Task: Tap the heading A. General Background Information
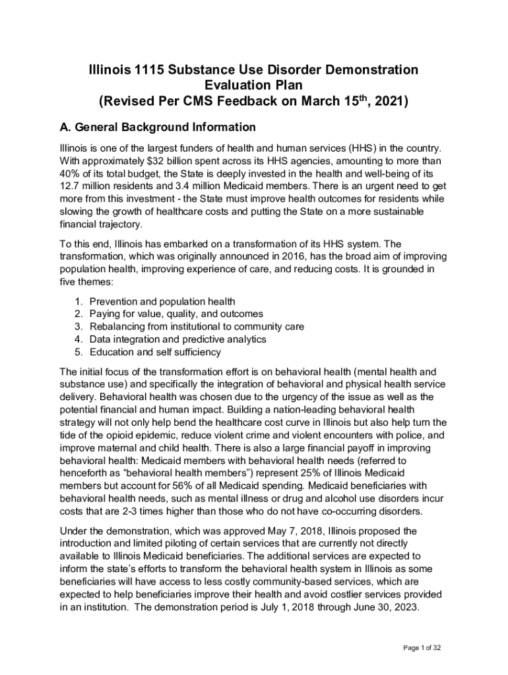(x=157, y=127)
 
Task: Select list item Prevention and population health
(x=162, y=301)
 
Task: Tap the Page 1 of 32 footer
(x=422, y=648)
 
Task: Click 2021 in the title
(x=390, y=102)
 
